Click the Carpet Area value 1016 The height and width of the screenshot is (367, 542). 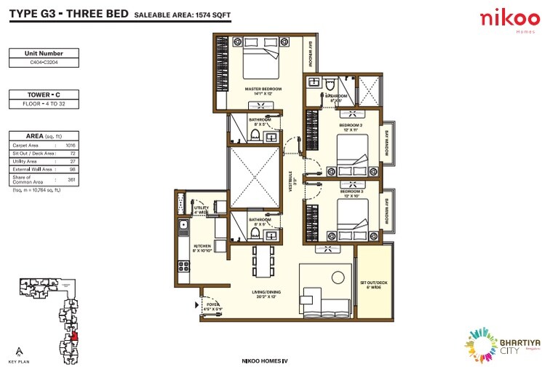pos(71,146)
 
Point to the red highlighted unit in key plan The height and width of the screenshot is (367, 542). pos(75,337)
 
